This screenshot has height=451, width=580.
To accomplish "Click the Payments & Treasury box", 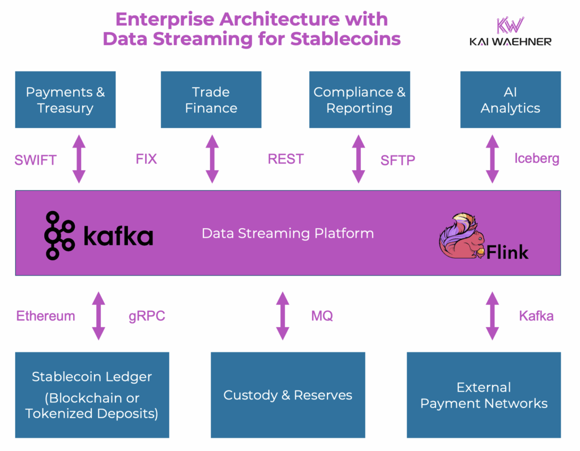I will click(65, 100).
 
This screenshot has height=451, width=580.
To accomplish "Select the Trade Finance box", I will click(211, 100).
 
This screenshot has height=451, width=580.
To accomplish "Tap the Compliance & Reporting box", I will click(359, 100).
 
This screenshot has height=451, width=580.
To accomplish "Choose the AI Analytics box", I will click(510, 100).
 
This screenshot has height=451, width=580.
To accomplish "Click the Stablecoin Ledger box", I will click(92, 395).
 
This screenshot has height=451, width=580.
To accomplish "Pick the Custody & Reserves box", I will click(288, 395).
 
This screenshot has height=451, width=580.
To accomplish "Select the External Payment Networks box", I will click(484, 395).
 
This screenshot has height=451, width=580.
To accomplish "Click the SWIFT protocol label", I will click(35, 160).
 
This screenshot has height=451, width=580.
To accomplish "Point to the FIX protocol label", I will click(146, 159).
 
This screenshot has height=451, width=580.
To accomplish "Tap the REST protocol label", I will click(285, 159).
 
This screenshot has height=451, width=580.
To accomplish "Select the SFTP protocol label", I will click(398, 161).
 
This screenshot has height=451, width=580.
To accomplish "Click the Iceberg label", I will click(536, 158).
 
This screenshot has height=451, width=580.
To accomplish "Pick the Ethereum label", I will click(45, 316).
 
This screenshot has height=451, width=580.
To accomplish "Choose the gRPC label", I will click(147, 316).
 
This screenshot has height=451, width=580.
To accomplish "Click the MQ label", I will click(322, 316).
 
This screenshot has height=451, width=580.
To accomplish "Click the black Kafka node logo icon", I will click(59, 235).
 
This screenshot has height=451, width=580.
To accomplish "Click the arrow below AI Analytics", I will click(492, 159).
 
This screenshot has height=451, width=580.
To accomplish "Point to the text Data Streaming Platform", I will click(288, 233).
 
